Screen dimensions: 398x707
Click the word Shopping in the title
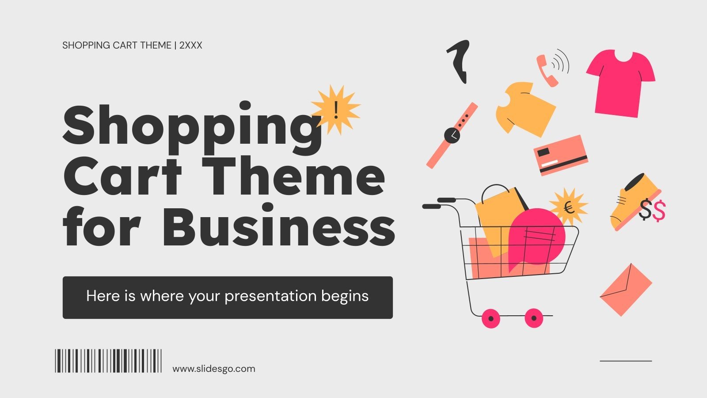point(192,126)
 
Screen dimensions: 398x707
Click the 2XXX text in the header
point(190,45)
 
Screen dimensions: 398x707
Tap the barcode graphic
point(108,360)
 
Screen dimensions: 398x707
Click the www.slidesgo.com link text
point(214,369)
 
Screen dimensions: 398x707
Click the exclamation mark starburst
point(336,110)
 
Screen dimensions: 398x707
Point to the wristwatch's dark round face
point(452,135)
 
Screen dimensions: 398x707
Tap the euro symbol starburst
point(569,207)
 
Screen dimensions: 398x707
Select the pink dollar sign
point(659,210)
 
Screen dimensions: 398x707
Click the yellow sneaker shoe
point(630,201)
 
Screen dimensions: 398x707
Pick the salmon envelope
point(626,290)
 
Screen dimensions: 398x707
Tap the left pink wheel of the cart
point(490,318)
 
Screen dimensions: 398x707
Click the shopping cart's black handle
point(431,206)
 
